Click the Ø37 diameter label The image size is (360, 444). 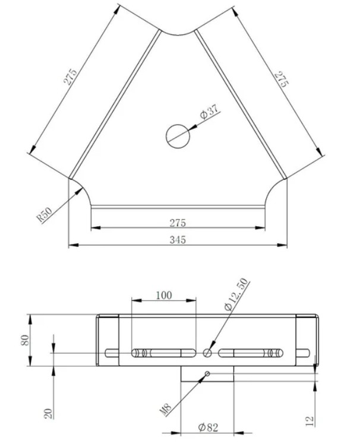coord(210,111)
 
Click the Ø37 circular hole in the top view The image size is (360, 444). coord(178,136)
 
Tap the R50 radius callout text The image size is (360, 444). coord(45,214)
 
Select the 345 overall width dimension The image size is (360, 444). coord(178,240)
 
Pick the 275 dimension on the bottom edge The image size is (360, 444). coord(178,223)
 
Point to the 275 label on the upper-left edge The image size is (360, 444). coord(70,77)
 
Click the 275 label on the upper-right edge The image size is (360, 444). coord(282,79)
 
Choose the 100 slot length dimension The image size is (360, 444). coord(164,296)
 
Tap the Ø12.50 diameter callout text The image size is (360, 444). coord(236,294)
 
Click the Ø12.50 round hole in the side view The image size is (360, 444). coord(207,353)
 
